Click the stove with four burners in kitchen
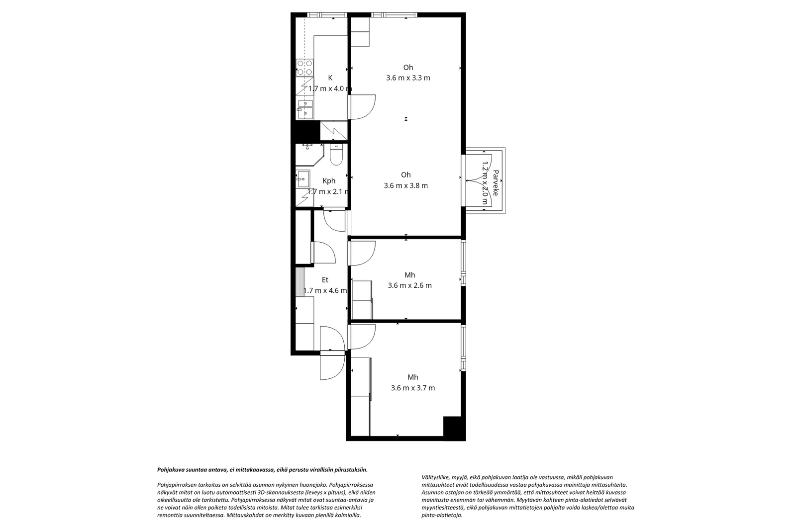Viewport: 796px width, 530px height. pos(304,68)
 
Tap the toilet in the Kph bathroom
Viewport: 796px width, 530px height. pos(336,155)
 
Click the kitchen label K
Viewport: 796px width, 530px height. pos(330,78)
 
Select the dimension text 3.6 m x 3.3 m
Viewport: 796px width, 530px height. pos(408,78)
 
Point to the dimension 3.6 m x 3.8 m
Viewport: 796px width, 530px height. pos(405,186)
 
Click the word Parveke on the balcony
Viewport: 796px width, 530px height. pos(496,183)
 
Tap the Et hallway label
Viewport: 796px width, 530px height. pos(325,280)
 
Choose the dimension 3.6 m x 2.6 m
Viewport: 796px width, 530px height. pos(409,286)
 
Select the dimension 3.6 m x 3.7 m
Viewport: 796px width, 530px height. pos(412,388)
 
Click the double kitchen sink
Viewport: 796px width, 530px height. pos(304,109)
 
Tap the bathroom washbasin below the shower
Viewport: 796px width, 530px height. pos(302,178)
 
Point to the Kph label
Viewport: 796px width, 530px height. pos(329,181)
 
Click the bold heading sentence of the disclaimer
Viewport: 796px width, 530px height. pos(262,469)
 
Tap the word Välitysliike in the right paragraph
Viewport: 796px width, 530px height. pos(434,477)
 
